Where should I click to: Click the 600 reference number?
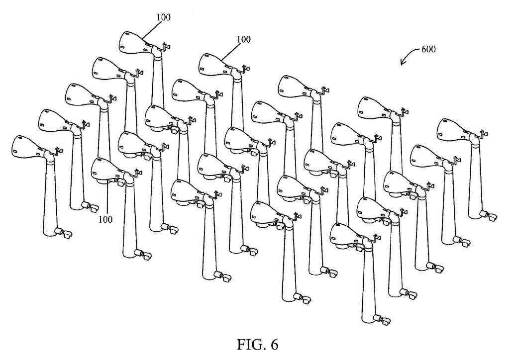428,49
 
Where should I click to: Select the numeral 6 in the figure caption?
274,345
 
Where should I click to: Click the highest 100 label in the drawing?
163,17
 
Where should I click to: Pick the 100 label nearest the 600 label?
244,39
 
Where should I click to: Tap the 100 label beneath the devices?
105,219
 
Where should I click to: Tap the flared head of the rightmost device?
454,129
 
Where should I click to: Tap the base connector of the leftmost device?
64,233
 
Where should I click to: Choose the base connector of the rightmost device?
489,216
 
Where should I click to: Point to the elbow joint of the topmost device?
158,51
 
